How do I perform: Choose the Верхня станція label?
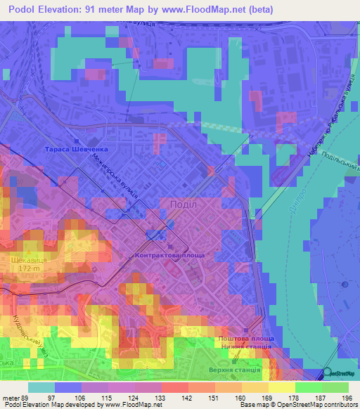point(235,370)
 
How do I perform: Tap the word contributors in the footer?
point(339,405)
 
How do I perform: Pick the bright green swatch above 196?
point(335,387)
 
